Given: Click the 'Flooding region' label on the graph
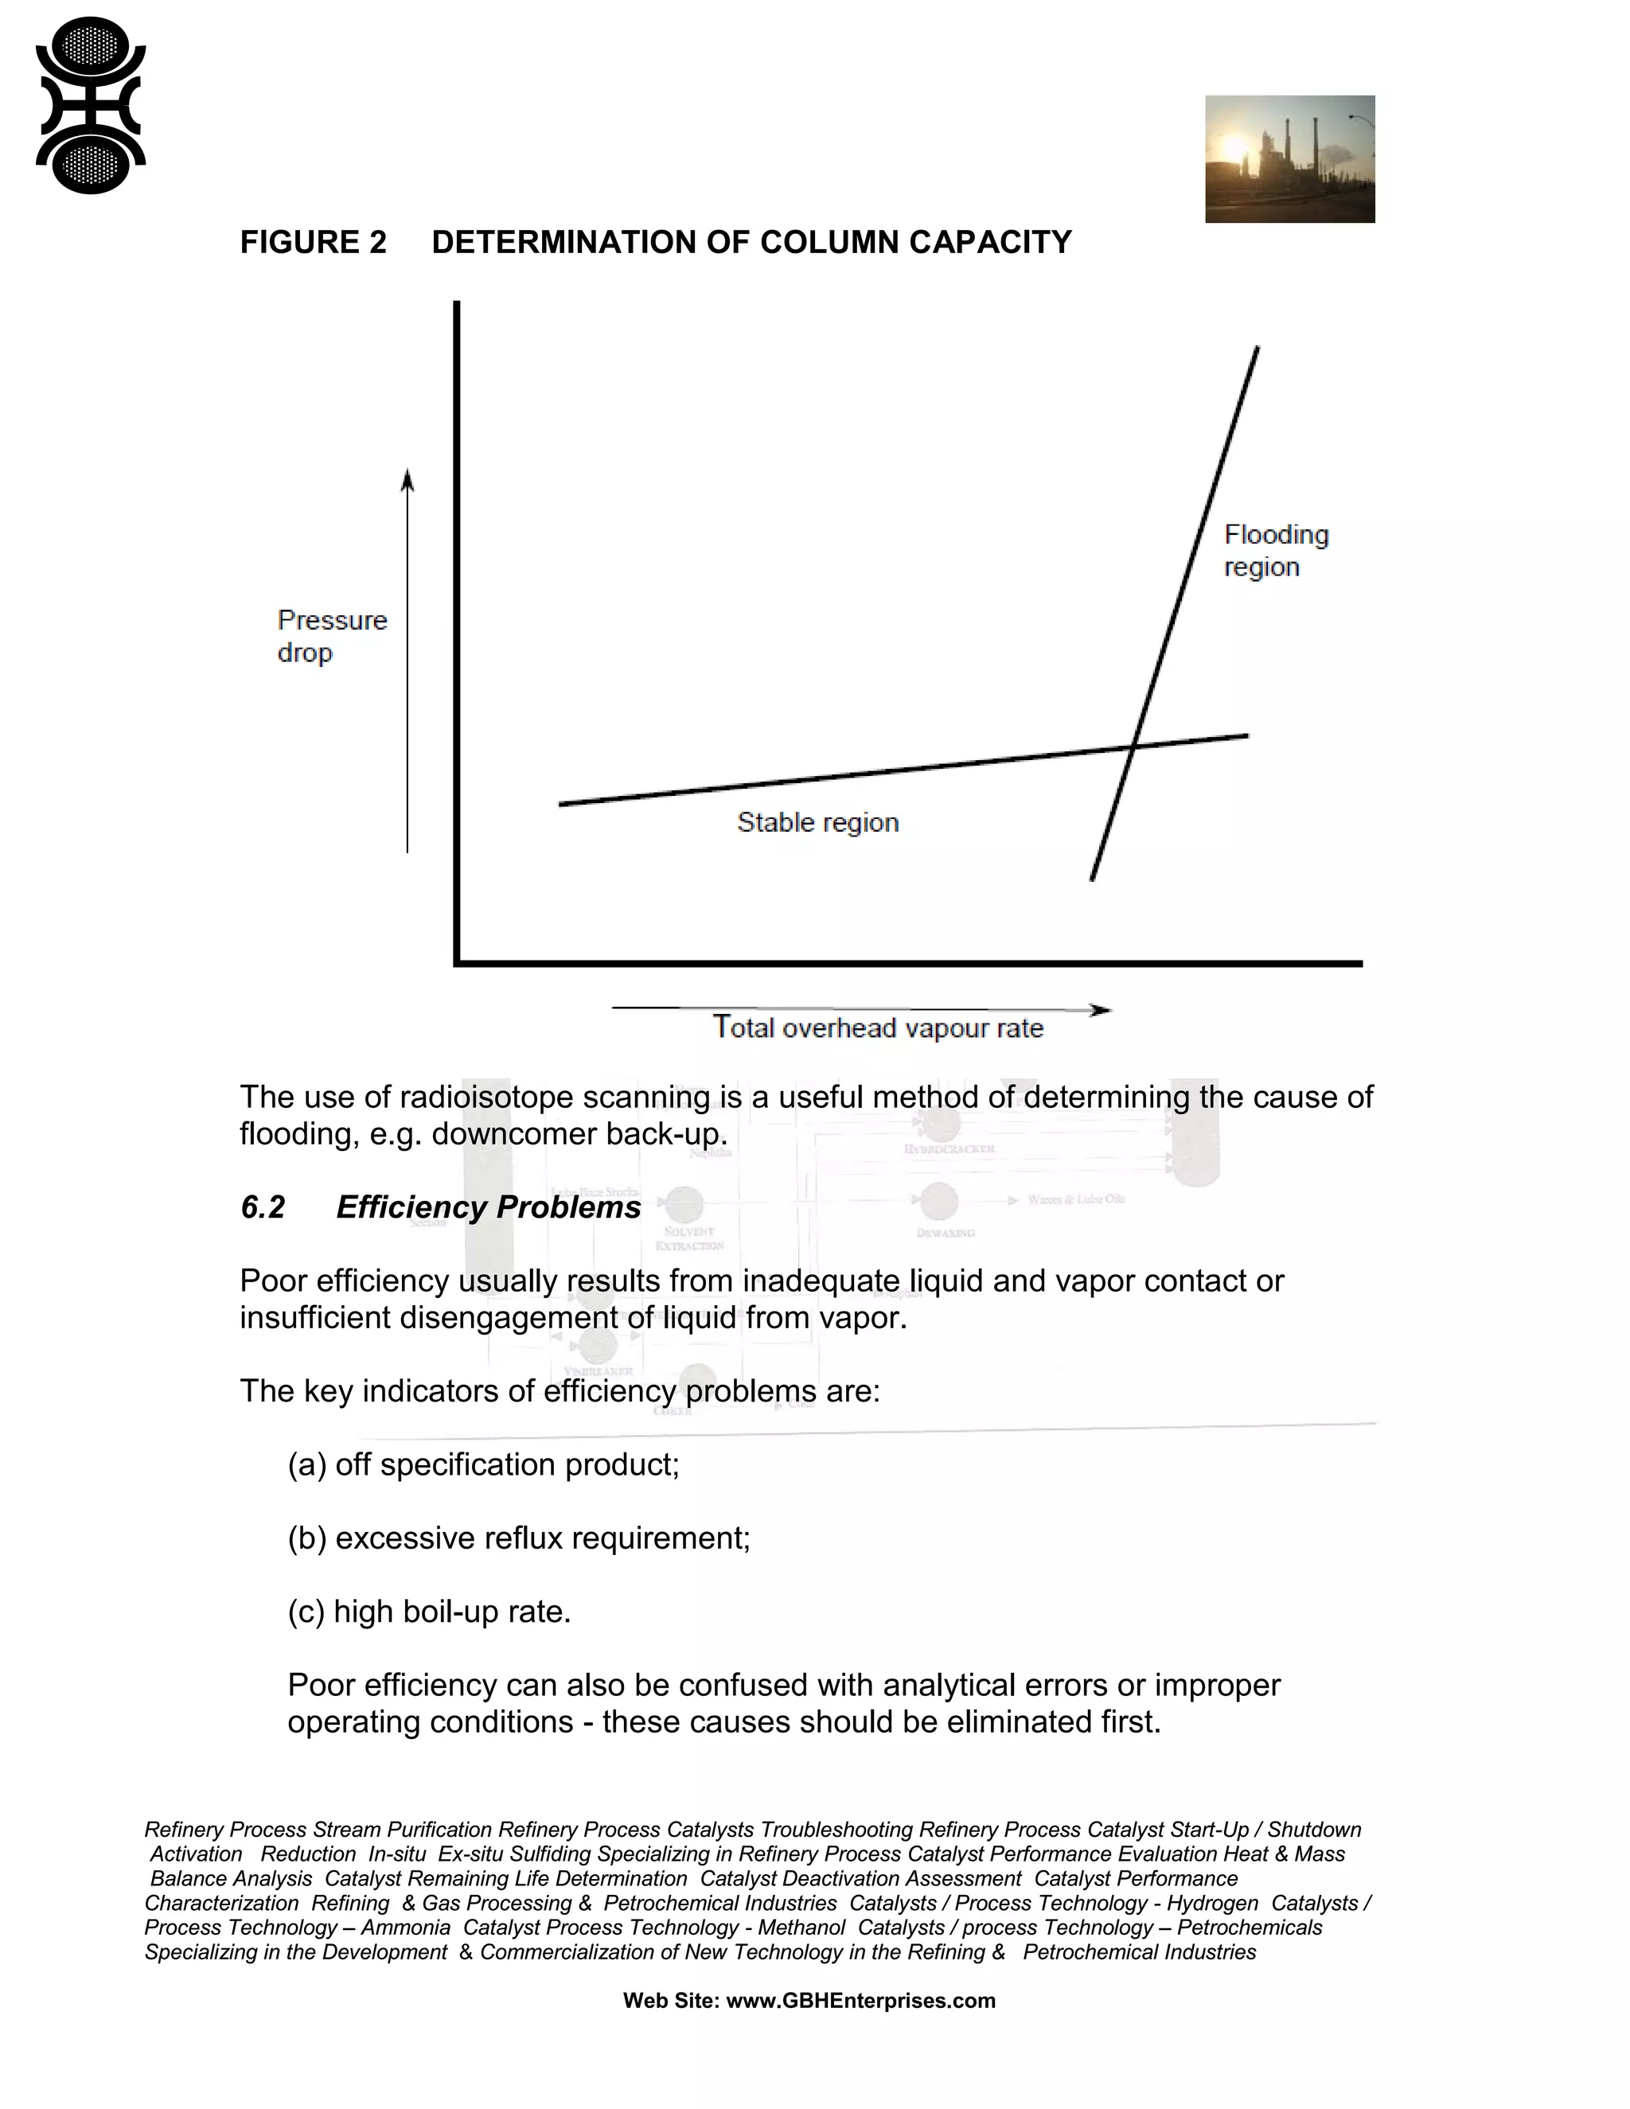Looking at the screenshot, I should pyautogui.click(x=1275, y=551).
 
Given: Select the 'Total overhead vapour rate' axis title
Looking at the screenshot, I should pyautogui.click(x=878, y=1027).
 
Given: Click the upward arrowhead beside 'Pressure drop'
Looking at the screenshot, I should pyautogui.click(x=407, y=479).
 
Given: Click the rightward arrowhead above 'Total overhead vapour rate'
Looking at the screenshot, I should pyautogui.click(x=1101, y=1010).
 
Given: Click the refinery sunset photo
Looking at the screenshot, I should pyautogui.click(x=1289, y=158).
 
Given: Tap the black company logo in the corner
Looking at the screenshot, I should pyautogui.click(x=91, y=104).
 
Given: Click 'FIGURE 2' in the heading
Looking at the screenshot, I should pyautogui.click(x=313, y=243).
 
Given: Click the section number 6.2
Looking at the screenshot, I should pyautogui.click(x=263, y=1207).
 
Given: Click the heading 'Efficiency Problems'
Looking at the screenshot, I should pyautogui.click(x=488, y=1207).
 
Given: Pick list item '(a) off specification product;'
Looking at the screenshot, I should pyautogui.click(x=483, y=1465).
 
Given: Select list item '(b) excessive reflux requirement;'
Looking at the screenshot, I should pyautogui.click(x=519, y=1538).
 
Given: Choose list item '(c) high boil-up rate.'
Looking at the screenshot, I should pyautogui.click(x=429, y=1612).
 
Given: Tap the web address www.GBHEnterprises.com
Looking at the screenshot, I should pyautogui.click(x=860, y=2001).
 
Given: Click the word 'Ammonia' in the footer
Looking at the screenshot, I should pyautogui.click(x=406, y=1928).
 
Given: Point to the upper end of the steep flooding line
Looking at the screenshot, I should pyautogui.click(x=1256, y=349).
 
